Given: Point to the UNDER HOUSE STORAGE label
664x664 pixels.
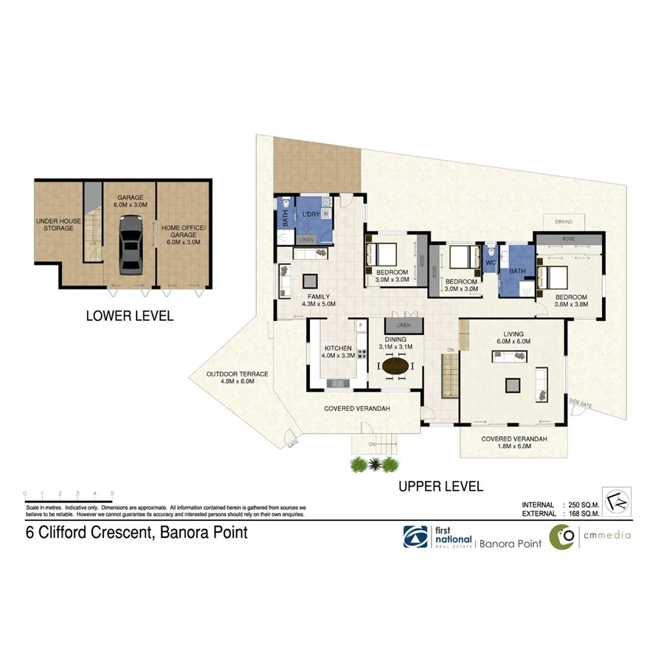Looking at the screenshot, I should (x=57, y=224).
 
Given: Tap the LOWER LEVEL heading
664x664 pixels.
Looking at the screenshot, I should (x=130, y=316).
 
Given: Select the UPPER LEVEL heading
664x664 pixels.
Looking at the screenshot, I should (x=440, y=486).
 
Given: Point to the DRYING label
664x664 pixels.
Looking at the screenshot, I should (x=564, y=221).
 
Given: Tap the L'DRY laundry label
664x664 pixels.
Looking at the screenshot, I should (x=309, y=214).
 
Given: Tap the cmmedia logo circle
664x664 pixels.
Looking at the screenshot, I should (x=564, y=537).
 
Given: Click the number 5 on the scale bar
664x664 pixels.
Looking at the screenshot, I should (x=112, y=492).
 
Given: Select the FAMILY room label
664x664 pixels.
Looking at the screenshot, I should (x=318, y=298).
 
